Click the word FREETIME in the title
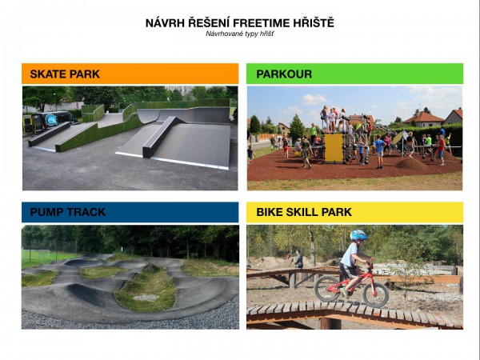point(261,23)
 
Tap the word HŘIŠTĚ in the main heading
point(314,23)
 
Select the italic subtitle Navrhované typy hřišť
point(240,34)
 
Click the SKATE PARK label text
point(65,74)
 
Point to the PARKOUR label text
point(284,74)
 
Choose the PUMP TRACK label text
point(68,212)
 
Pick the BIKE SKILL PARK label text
point(304,212)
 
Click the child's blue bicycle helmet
point(358,235)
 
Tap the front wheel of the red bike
point(376,294)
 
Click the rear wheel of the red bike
point(327,289)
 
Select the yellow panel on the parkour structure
point(334,148)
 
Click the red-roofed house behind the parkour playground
point(423,119)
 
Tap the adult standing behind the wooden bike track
point(298,261)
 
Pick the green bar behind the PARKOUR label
point(354,74)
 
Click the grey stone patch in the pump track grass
point(146,297)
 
